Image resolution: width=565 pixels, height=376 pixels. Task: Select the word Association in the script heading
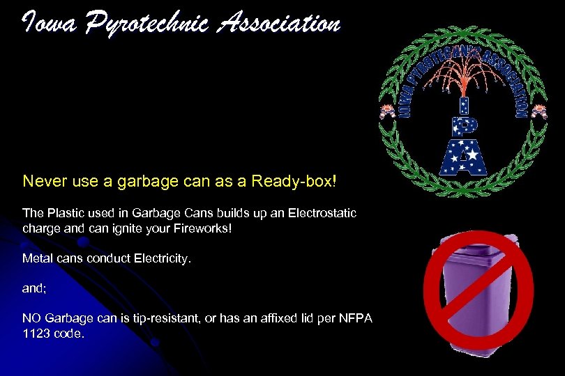(279, 24)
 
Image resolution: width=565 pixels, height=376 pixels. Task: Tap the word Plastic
(63, 211)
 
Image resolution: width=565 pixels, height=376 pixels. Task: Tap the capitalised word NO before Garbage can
(32, 318)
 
